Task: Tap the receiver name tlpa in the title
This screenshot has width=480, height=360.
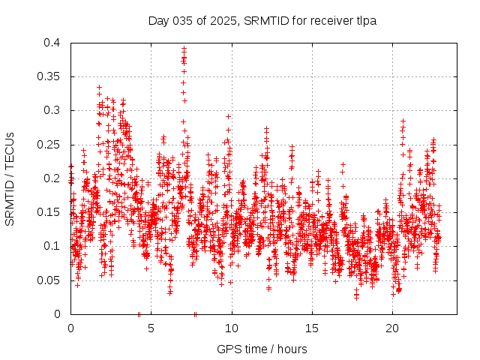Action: point(364,20)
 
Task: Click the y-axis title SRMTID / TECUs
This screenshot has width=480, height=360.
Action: point(10,178)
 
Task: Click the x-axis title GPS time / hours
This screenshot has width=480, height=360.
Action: point(262,349)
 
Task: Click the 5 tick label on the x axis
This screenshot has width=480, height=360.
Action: point(151,328)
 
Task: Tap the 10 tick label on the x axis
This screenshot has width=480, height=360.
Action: point(232,328)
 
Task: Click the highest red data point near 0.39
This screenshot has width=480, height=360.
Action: point(184,49)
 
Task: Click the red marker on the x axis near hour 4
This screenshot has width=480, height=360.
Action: point(139,314)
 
